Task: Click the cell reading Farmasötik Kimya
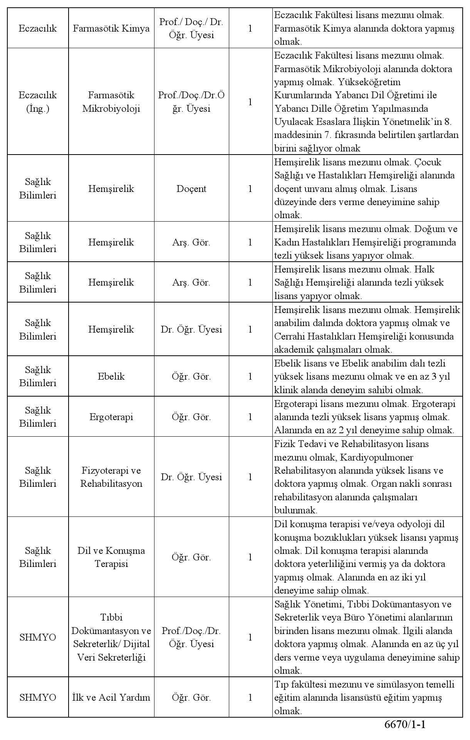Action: [x=111, y=29]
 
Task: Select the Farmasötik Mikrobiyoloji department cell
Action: [x=111, y=102]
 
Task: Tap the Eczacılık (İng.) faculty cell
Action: [x=38, y=102]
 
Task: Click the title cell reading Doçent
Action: [x=191, y=189]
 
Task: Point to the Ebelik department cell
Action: [x=111, y=377]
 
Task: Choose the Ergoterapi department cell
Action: [x=111, y=417]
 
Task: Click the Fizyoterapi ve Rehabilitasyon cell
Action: [x=111, y=477]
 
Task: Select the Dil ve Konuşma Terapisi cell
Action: [x=111, y=557]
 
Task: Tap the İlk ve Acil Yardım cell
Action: [x=111, y=698]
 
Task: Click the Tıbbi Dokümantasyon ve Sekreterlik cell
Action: [x=111, y=637]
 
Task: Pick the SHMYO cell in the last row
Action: [x=38, y=698]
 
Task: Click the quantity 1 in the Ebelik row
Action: [x=250, y=377]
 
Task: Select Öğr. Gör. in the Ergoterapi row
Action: [x=191, y=417]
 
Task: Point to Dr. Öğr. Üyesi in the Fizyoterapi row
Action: [x=191, y=477]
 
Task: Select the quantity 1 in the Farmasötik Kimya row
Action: [x=250, y=29]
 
